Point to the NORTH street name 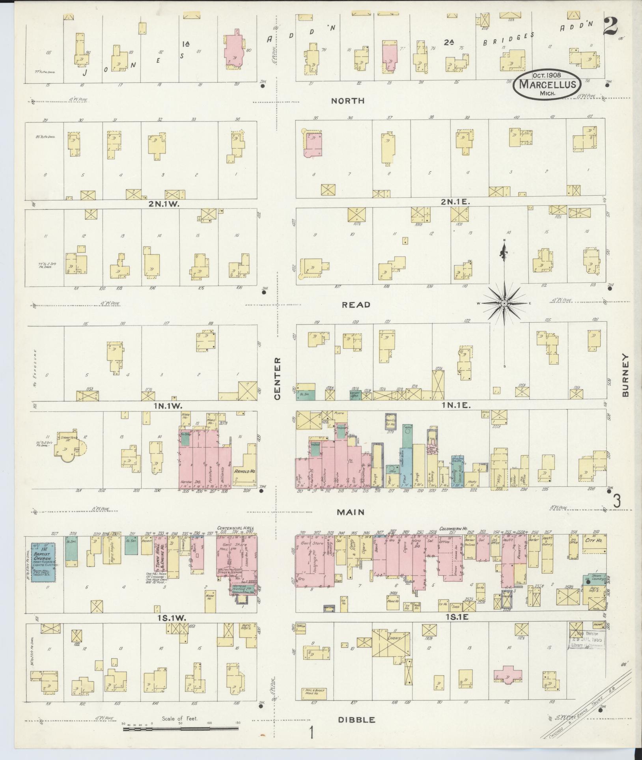(347, 101)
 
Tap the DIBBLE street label (356, 720)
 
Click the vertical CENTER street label (277, 379)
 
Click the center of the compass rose (504, 303)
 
